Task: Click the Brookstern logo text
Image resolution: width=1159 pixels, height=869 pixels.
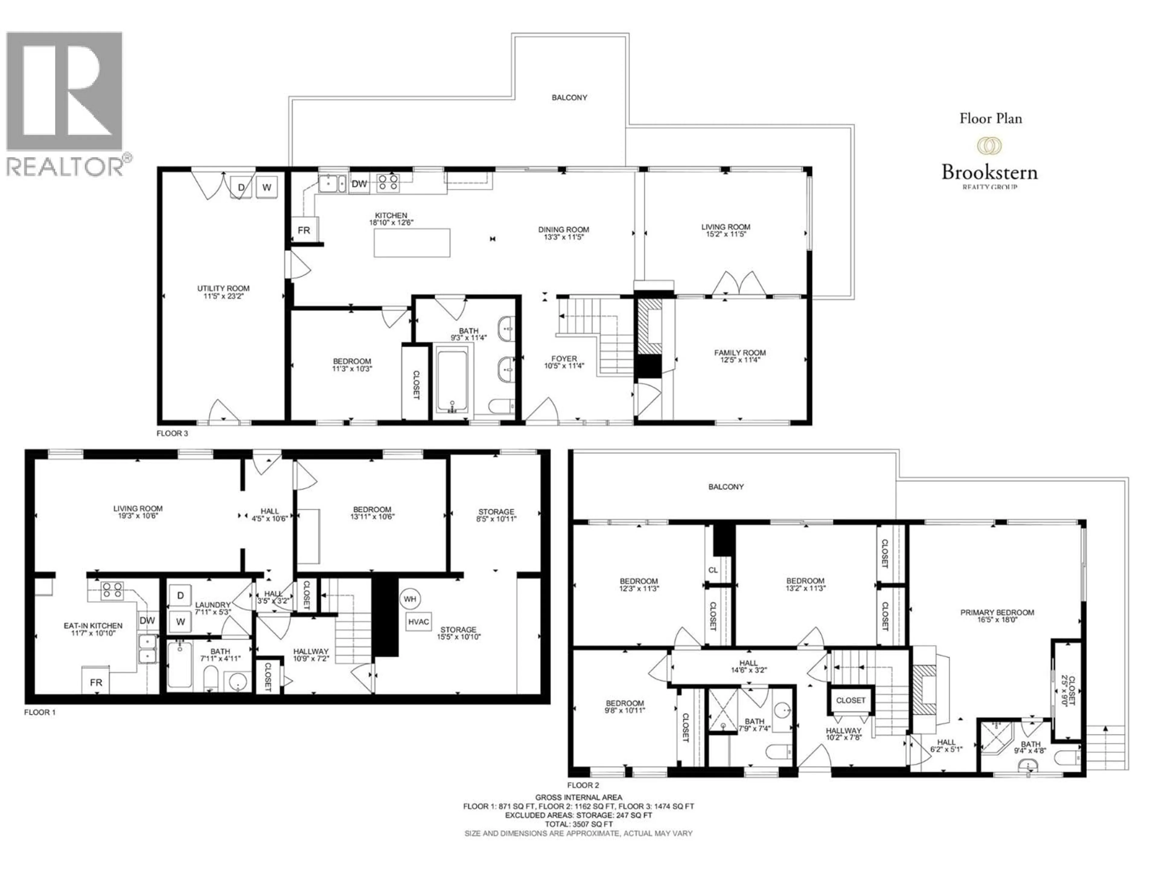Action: (x=989, y=172)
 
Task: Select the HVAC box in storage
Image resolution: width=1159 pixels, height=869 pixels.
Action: (x=418, y=622)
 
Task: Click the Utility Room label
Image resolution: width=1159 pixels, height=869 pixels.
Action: (x=223, y=289)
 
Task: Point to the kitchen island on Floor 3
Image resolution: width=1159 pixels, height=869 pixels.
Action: (x=412, y=243)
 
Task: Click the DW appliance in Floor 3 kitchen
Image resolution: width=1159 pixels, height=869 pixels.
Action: (x=359, y=184)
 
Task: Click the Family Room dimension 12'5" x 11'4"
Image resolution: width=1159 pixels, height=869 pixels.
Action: (x=740, y=360)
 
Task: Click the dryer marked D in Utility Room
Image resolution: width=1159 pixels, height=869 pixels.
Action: (x=241, y=187)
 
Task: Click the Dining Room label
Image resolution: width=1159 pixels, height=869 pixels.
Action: (x=563, y=229)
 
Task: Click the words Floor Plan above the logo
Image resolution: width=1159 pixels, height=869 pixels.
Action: (x=990, y=118)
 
